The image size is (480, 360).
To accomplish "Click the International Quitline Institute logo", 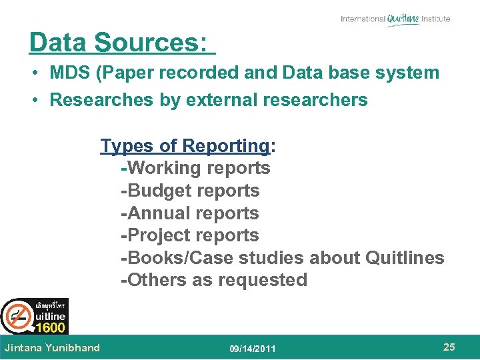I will point(395,19).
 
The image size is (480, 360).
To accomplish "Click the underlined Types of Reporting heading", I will point(185,146).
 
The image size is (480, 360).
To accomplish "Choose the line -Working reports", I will point(195,168).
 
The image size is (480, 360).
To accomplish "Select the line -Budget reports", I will point(190,191).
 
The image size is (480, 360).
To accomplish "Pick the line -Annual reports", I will point(189,213).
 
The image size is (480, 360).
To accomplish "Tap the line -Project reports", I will point(189,235).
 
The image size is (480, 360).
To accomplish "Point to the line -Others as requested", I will point(213,280).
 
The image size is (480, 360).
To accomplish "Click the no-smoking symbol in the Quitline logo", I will point(16,316).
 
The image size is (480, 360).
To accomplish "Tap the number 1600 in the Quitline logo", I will point(50,327).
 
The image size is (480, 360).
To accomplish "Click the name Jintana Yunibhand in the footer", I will point(52,347).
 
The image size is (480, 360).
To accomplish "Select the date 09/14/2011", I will point(253,349).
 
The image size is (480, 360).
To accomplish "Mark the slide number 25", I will point(449,347).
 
